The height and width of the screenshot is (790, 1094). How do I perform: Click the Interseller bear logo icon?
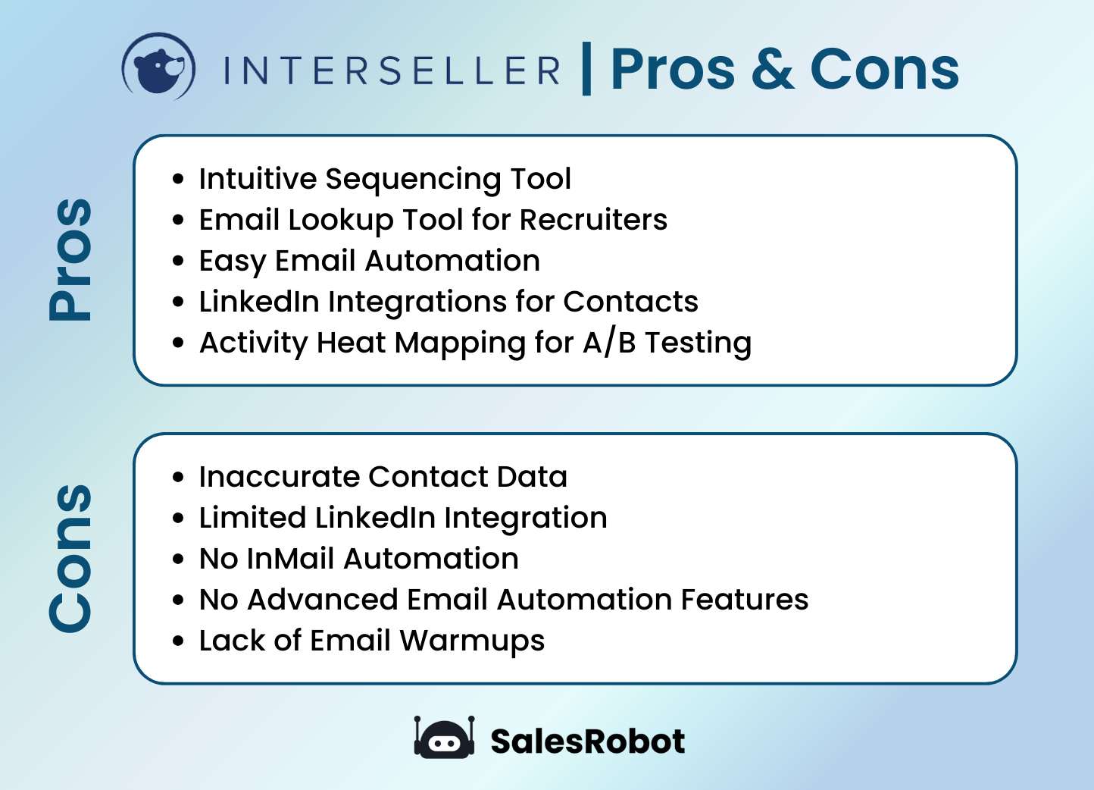(x=159, y=67)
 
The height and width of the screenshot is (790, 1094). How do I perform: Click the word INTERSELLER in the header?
(x=392, y=71)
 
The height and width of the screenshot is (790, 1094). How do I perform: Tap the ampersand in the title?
(x=772, y=69)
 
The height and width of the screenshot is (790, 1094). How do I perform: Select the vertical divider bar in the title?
(x=586, y=69)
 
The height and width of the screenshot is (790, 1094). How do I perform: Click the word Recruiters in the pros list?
(x=593, y=220)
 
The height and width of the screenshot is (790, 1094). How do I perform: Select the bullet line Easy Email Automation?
(x=369, y=261)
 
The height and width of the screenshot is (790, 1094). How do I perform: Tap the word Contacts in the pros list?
(x=630, y=302)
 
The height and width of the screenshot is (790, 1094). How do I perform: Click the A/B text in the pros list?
(x=609, y=343)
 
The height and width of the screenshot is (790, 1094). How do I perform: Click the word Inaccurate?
(x=279, y=477)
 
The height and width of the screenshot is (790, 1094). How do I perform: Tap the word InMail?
(x=291, y=559)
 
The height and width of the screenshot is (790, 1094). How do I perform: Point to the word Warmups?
(x=472, y=641)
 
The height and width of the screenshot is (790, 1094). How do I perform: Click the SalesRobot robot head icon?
(x=444, y=739)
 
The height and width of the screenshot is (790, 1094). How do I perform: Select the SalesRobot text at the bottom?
(x=587, y=741)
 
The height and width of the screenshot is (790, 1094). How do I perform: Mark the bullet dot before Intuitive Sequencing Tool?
(x=178, y=180)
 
